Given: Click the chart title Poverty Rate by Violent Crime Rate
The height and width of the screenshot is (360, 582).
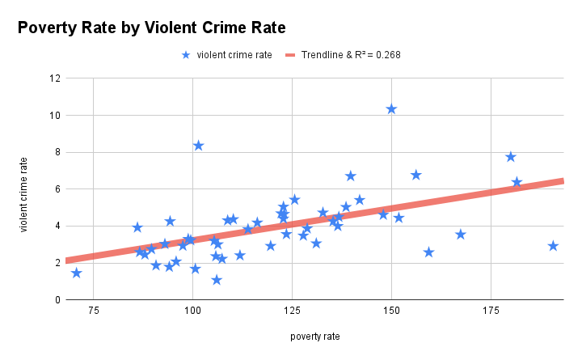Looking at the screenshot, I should click(x=152, y=28).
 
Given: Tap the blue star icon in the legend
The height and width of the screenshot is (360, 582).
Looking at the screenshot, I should click(x=187, y=55).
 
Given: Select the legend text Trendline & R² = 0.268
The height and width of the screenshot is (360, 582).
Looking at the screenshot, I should click(x=351, y=55).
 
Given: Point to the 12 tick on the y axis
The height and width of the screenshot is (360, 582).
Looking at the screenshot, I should click(x=55, y=78).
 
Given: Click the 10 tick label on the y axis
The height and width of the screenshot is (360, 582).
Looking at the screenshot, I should click(x=55, y=116).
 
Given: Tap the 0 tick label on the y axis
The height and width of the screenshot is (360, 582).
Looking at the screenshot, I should click(x=57, y=300).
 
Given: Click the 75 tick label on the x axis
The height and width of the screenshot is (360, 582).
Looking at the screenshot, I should click(x=93, y=311).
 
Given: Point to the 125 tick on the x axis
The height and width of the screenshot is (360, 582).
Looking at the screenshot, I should click(x=292, y=311).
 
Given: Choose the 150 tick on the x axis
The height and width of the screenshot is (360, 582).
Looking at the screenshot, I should click(x=391, y=311).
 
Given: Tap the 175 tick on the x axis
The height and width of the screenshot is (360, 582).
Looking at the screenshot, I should click(x=491, y=311).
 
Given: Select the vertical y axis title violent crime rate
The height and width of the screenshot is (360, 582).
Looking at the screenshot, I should click(x=24, y=194).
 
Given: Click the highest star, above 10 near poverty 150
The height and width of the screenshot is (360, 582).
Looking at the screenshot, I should click(x=391, y=108).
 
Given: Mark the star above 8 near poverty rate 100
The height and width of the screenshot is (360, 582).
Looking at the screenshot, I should click(x=198, y=146).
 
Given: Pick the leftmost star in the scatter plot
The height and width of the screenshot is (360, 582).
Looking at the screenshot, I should click(x=76, y=273).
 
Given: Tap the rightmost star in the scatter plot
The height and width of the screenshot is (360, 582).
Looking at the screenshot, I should click(x=553, y=246).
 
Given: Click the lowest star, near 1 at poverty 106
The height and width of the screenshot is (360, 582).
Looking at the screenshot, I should click(x=217, y=280).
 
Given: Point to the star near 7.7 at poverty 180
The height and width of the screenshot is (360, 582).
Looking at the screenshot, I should click(x=511, y=157).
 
